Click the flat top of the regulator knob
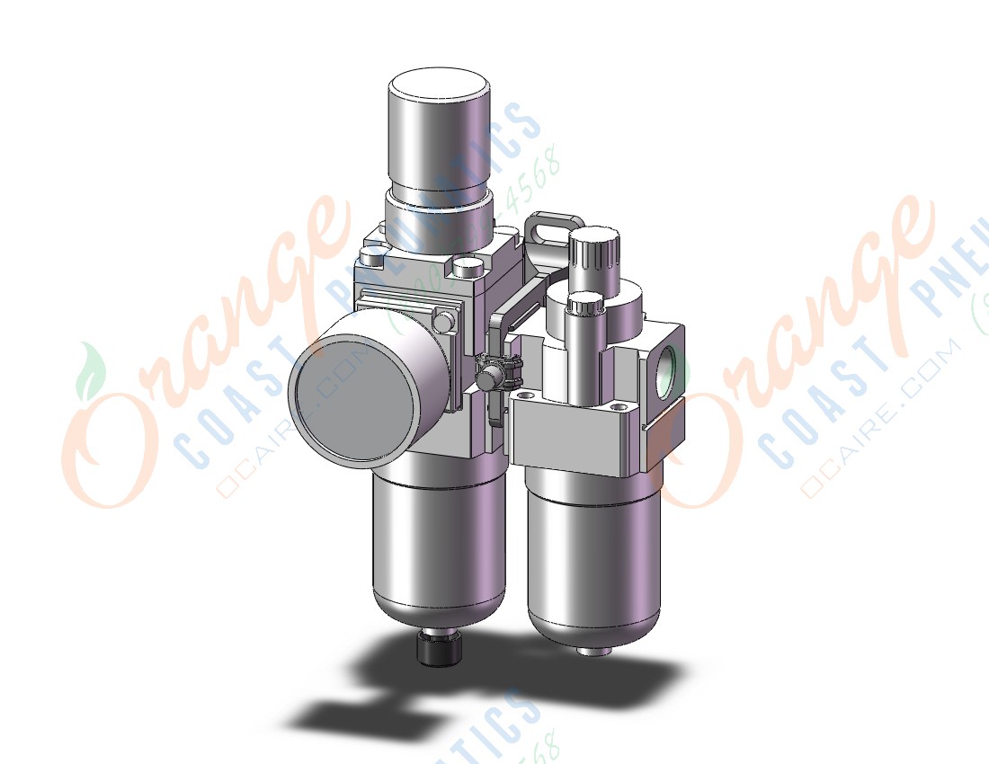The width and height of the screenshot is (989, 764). pos(439,91)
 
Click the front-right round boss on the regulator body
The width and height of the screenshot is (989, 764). pos(467,267)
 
